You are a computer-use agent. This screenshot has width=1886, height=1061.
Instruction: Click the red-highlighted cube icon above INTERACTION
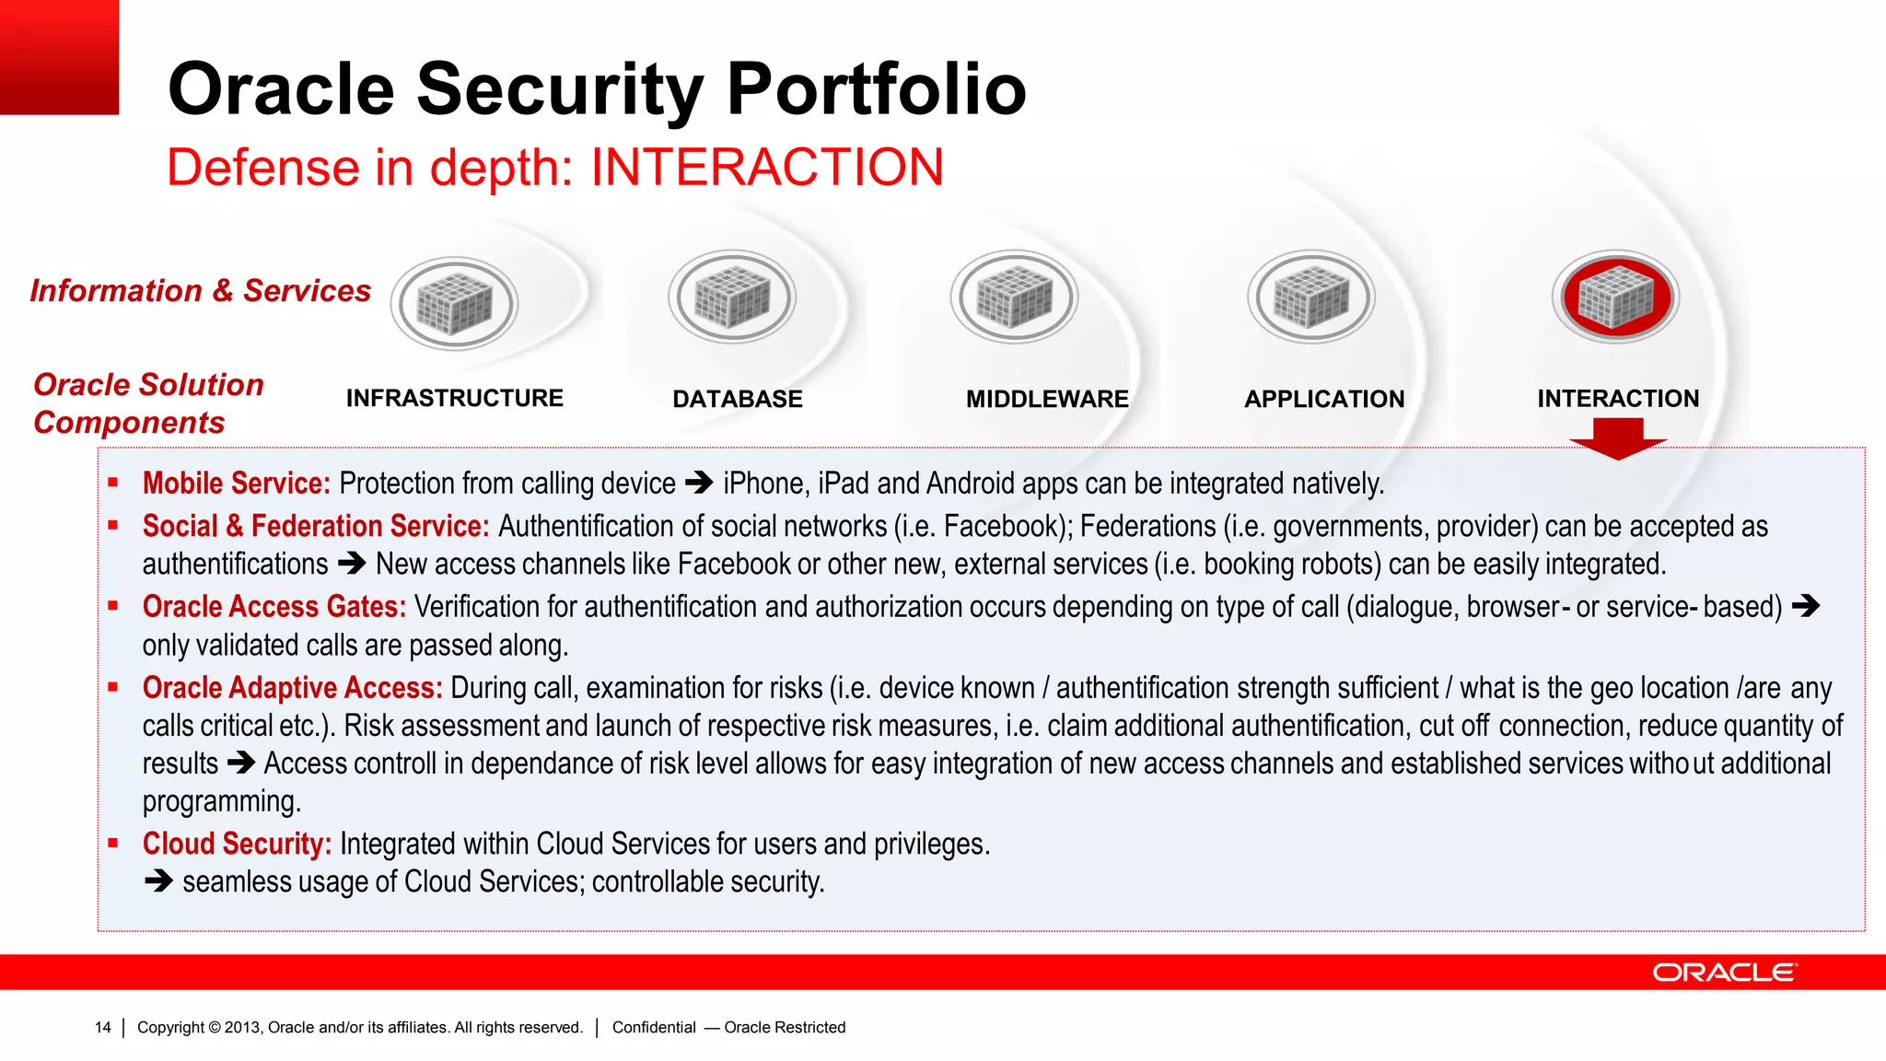coord(1616,297)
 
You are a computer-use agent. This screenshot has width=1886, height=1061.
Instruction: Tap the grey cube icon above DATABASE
coord(732,297)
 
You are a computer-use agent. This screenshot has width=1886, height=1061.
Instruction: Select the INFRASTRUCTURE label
coord(454,398)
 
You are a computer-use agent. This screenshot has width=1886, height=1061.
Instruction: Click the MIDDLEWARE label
coord(1047,399)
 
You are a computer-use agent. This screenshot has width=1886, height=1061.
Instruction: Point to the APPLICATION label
coord(1324,399)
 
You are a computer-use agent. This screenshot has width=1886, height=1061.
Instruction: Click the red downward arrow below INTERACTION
coord(1618,437)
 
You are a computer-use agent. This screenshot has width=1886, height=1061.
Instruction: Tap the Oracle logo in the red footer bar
coord(1724,973)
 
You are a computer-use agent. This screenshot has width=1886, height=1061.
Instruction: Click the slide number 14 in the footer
coord(102,1028)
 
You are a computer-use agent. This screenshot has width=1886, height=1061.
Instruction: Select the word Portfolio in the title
coord(876,89)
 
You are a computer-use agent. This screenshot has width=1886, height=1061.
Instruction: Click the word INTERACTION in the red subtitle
coord(767,168)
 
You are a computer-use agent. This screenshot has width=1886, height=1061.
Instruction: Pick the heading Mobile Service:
coord(236,484)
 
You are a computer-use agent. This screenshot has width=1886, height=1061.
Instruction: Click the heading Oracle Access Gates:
coord(274,607)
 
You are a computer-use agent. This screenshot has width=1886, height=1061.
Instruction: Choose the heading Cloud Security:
coord(237,844)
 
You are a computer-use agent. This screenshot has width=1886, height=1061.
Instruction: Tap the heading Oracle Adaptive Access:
coord(292,688)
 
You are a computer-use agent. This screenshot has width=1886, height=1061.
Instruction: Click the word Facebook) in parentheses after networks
coord(1008,526)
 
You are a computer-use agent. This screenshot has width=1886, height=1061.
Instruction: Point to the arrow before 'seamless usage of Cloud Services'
coord(158,881)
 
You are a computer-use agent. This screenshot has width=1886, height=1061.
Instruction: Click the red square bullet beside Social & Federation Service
coord(113,525)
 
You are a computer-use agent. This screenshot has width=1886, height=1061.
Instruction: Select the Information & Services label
coord(200,291)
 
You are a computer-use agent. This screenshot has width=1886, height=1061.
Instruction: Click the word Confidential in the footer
coord(654,1028)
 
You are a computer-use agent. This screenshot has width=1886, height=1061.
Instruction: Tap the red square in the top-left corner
coord(59,57)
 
